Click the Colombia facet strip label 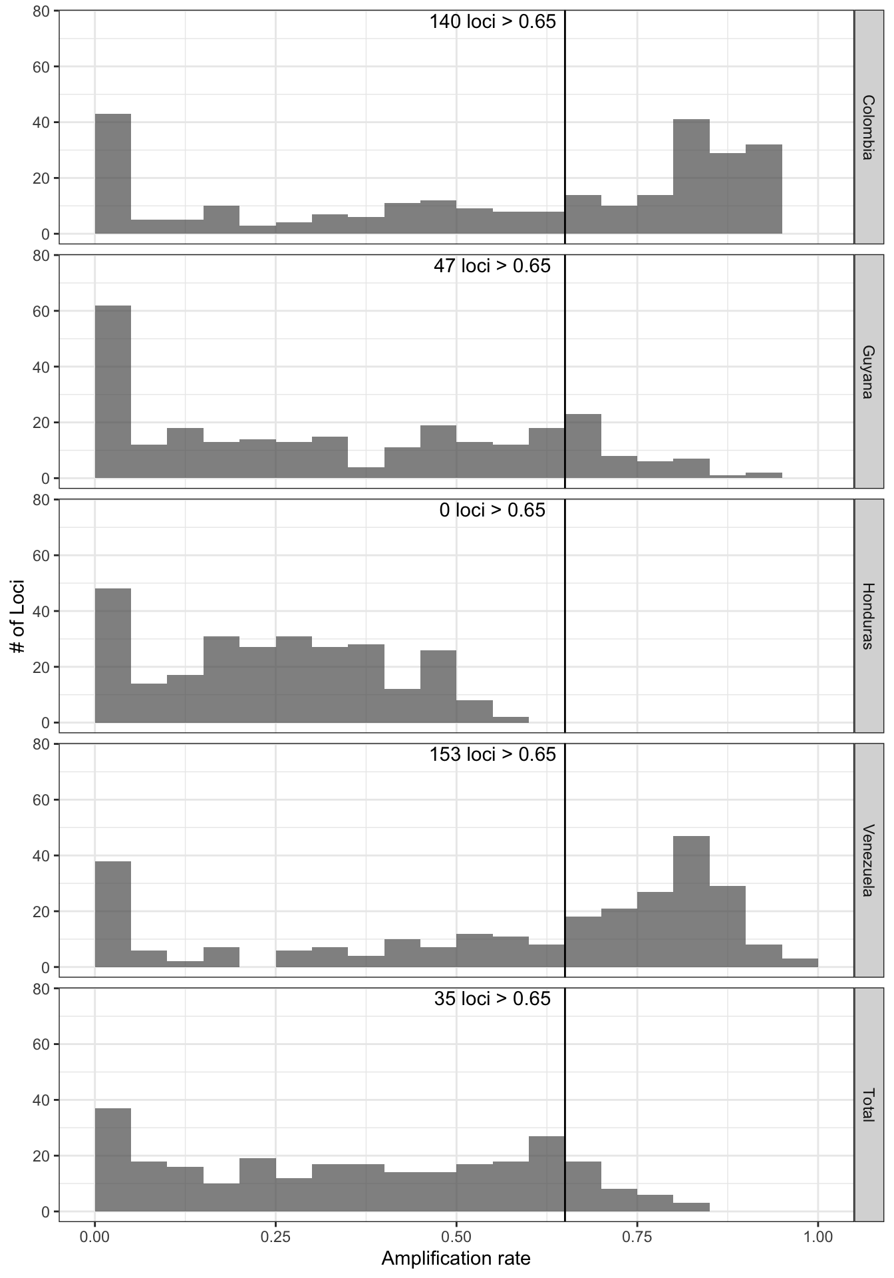click(867, 127)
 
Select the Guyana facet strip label click(867, 371)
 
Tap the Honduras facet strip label click(867, 616)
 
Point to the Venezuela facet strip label click(867, 860)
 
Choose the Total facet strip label click(867, 1105)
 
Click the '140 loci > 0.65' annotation click(492, 22)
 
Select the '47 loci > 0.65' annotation click(492, 266)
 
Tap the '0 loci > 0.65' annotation click(492, 511)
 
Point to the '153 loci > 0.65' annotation click(492, 755)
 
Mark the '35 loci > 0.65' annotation click(492, 999)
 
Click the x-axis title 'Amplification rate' click(456, 1259)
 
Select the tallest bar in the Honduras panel click(113, 656)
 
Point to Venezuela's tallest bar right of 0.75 click(691, 901)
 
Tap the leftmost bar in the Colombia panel click(113, 174)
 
